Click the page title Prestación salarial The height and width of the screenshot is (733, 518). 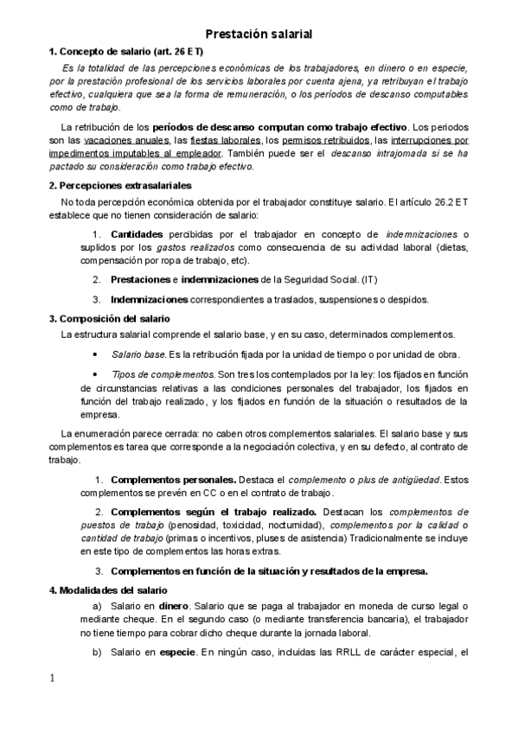[x=259, y=34]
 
